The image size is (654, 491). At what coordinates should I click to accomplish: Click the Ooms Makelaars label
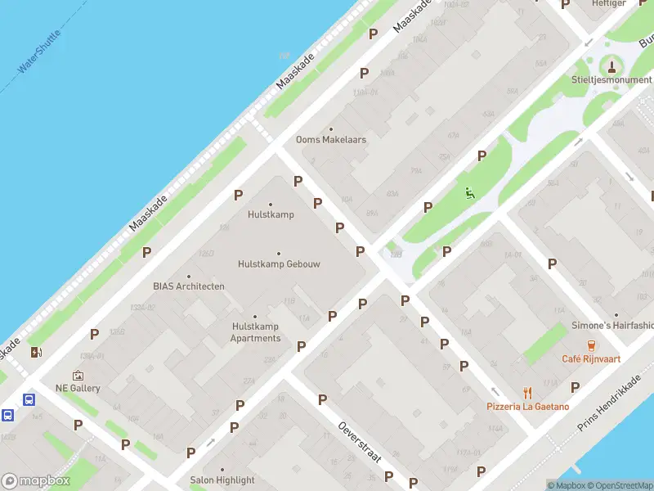[x=331, y=140]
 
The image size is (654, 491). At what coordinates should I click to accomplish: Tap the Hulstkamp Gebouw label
[x=279, y=264]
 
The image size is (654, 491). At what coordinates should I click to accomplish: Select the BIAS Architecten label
[x=189, y=286]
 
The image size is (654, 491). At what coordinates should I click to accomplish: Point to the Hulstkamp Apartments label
[x=255, y=332]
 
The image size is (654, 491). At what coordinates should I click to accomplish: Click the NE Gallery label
[x=78, y=388]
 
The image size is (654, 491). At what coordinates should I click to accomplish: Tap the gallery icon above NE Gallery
[x=78, y=375]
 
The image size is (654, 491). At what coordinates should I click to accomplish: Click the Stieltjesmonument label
[x=612, y=80]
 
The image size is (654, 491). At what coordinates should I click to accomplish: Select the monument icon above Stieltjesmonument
[x=612, y=65]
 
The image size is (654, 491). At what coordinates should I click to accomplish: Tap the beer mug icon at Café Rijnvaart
[x=588, y=345]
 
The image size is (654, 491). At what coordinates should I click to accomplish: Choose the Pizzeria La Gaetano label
[x=527, y=407]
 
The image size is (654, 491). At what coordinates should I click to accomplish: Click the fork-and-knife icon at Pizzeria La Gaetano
[x=527, y=392]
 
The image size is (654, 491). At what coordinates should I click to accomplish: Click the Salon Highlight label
[x=222, y=480]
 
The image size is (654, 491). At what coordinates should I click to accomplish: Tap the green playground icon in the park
[x=469, y=193]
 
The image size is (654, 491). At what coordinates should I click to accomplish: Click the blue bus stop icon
[x=29, y=400]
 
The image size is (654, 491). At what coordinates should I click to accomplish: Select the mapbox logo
[x=36, y=481]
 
